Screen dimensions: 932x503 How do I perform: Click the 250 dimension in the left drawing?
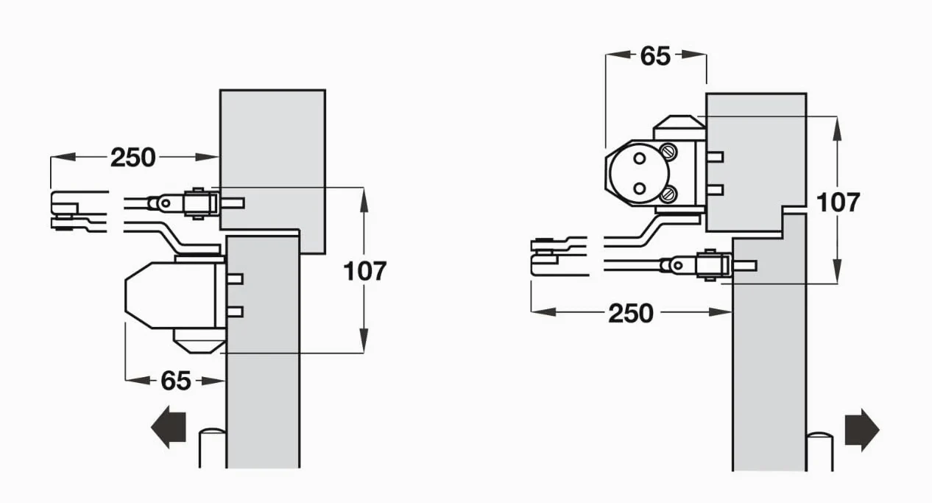pos(133,158)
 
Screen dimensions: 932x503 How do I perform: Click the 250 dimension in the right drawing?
pos(631,313)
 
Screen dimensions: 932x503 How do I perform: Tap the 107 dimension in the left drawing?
pos(365,271)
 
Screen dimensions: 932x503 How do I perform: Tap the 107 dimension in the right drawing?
pos(838,203)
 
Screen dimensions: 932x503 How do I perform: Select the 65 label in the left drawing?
pos(176,381)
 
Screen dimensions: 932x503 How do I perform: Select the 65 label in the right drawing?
pos(655,56)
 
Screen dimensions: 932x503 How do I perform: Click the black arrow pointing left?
pos(168,427)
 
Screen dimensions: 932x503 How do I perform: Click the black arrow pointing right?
pos(862,430)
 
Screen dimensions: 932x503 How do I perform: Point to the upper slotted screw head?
pos(669,151)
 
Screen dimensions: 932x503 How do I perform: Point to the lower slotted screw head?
pos(669,194)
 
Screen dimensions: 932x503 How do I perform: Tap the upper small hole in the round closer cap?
pos(640,158)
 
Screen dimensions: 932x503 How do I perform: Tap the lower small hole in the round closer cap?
pos(640,189)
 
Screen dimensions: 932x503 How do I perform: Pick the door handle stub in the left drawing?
pos(213,448)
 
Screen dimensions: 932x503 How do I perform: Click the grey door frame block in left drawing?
pos(272,171)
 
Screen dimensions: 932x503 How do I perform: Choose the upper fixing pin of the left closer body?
pos(235,279)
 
